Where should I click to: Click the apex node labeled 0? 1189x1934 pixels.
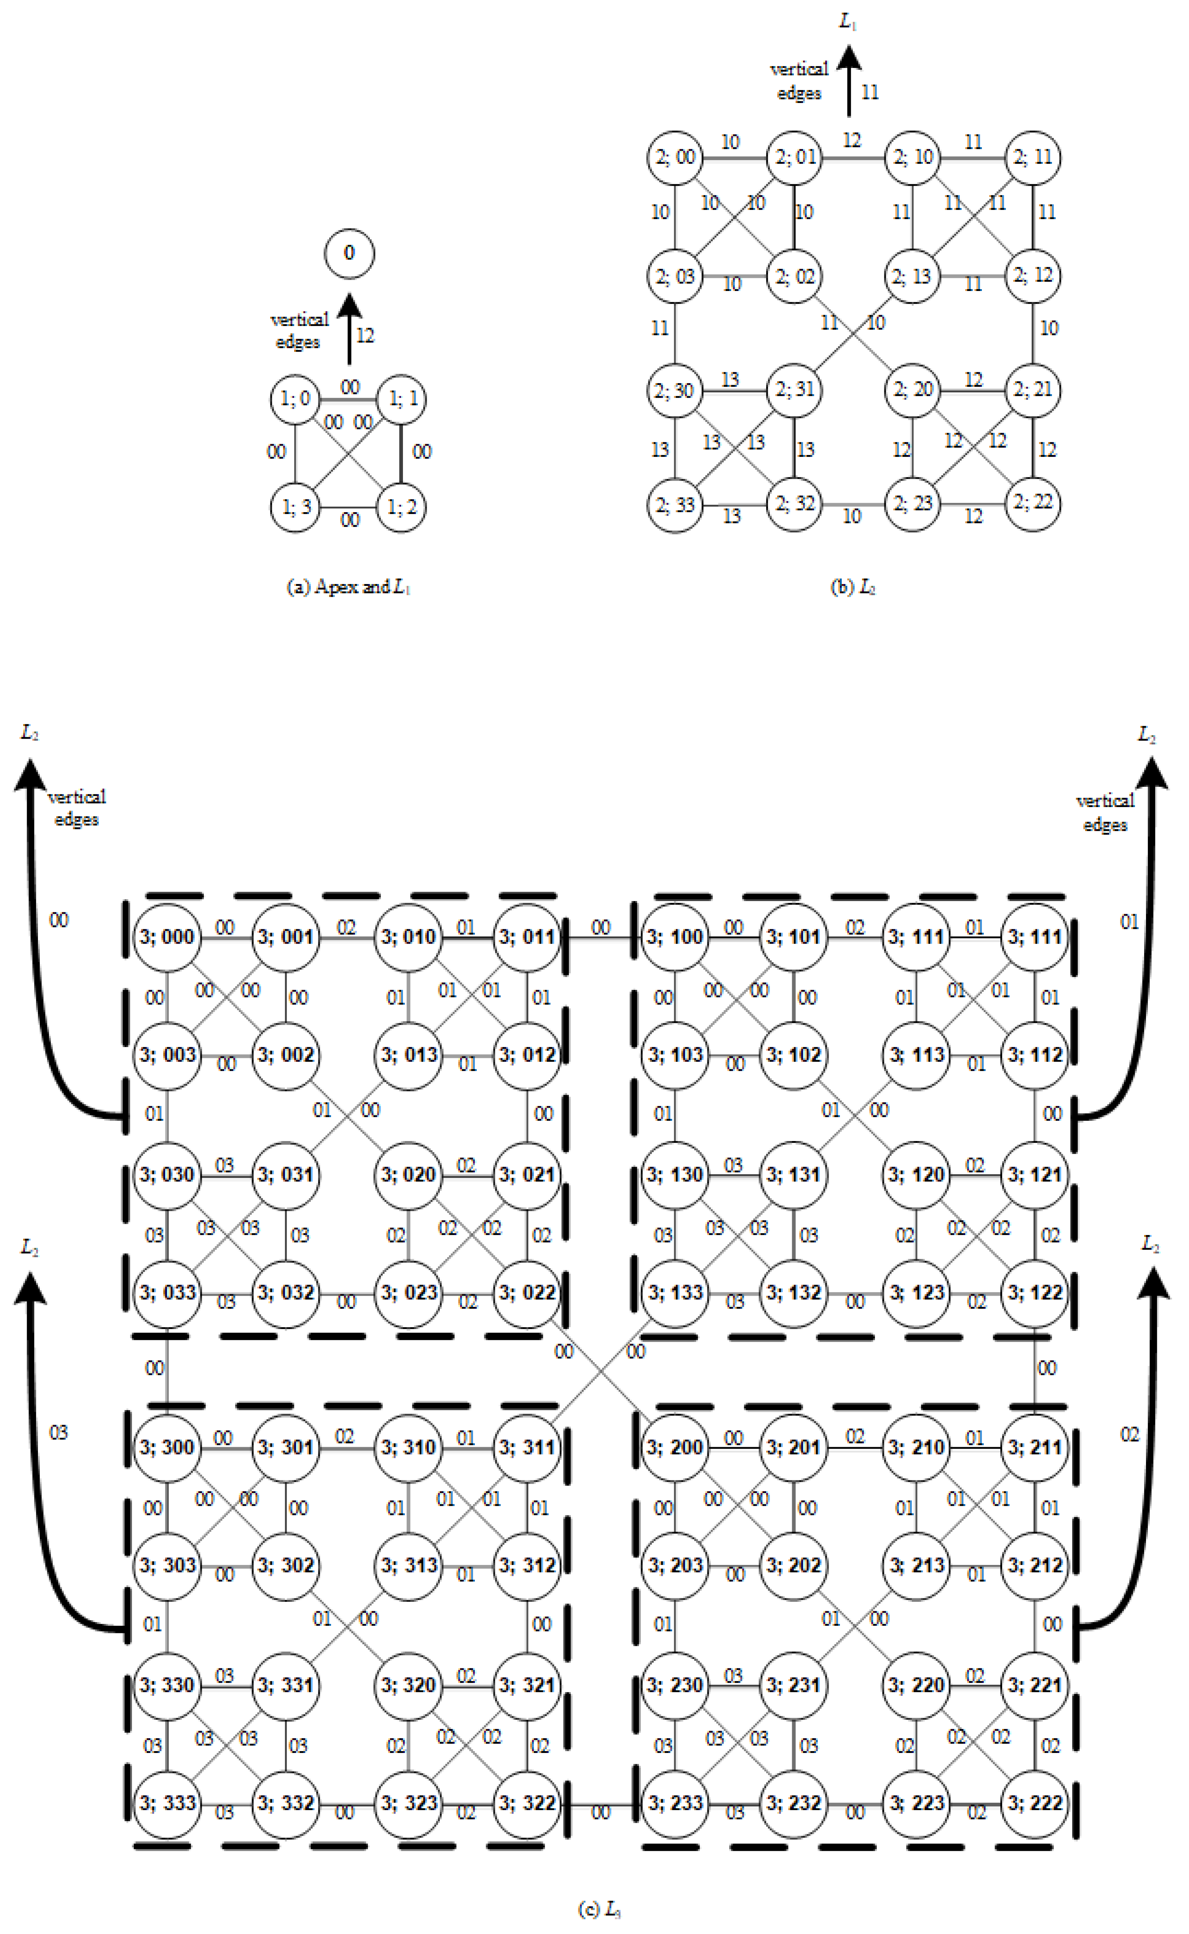click(x=349, y=253)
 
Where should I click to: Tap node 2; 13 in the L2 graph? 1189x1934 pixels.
click(x=912, y=276)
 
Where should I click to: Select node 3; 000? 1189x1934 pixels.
click(x=167, y=937)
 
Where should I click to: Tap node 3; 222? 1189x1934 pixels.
click(x=1035, y=1802)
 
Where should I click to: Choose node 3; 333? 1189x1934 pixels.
click(x=167, y=1802)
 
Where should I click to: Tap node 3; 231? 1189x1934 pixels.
click(x=794, y=1685)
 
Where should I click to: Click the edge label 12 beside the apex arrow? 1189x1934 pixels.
click(x=365, y=336)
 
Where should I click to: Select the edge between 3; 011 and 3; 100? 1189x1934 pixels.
click(x=600, y=937)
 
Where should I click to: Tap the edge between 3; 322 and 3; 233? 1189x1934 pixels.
click(x=600, y=1802)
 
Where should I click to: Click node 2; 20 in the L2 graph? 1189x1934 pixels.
click(x=912, y=389)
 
